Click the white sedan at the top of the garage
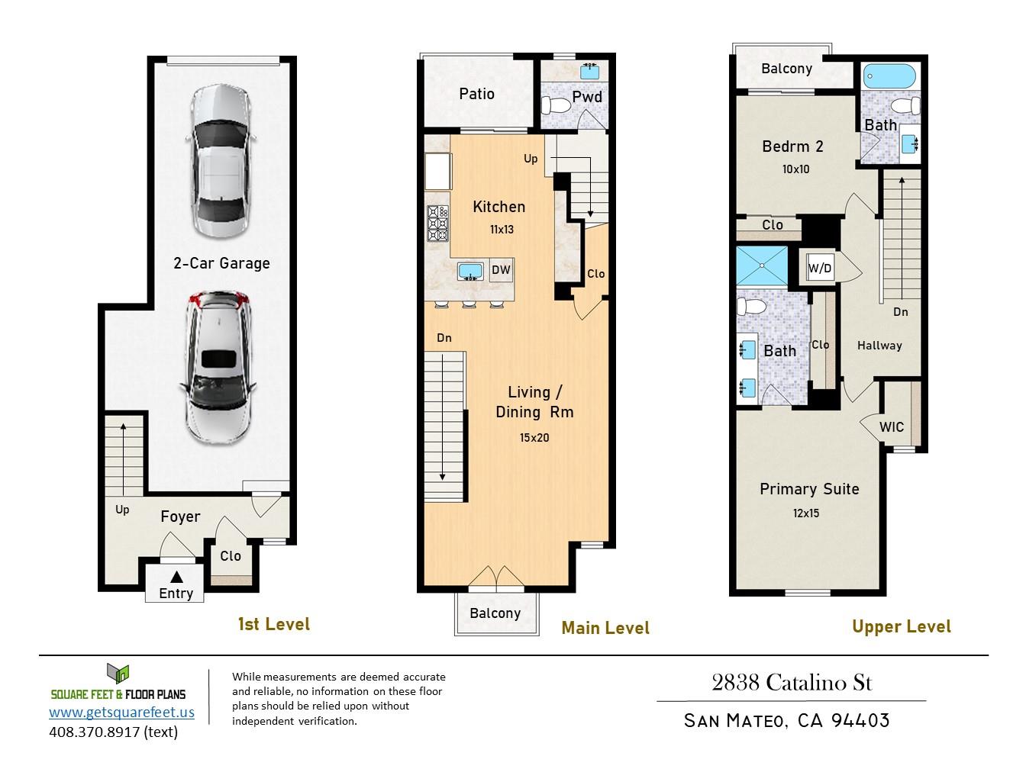pos(221,162)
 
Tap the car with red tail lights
pos(218,368)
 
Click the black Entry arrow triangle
pos(176,577)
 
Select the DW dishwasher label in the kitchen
pos(501,269)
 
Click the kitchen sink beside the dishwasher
pos(470,272)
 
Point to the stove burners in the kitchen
pos(438,224)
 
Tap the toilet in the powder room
pos(555,105)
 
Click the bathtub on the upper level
pos(889,76)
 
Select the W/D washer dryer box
pos(821,268)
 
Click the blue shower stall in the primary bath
pos(762,265)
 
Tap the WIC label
pos(892,426)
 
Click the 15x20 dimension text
pos(534,437)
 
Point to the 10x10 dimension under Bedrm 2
pos(795,169)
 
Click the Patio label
pos(476,94)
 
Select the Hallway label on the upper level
pos(879,346)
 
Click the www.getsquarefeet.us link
pos(121,712)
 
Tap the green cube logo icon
pos(118,674)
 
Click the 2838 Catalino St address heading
pos(792,683)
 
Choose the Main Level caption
pos(605,628)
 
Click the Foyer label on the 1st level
pos(180,516)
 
